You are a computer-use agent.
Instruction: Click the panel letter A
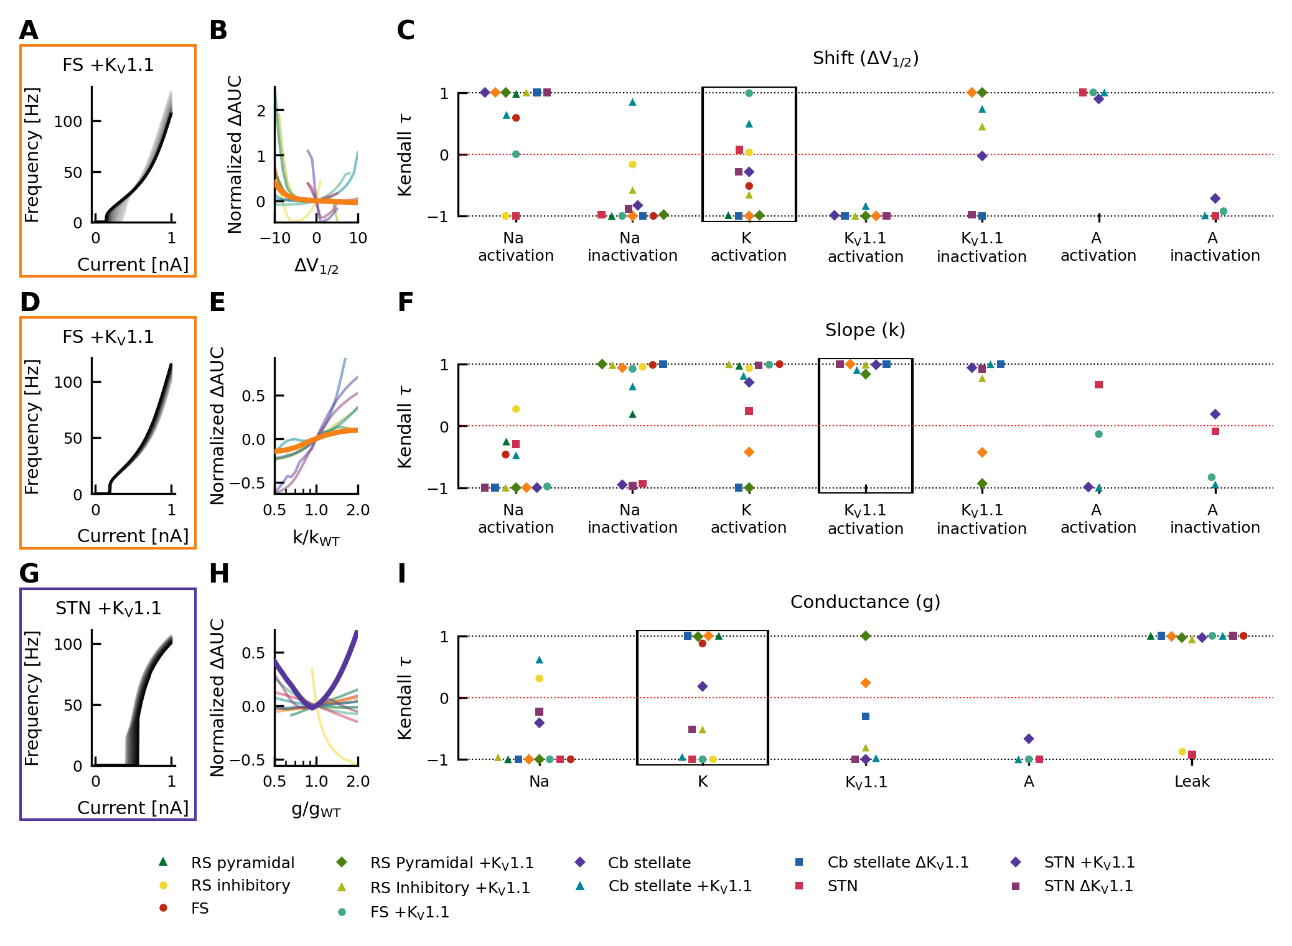pyautogui.click(x=29, y=30)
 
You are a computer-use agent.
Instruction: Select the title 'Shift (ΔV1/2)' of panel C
pyautogui.click(x=865, y=59)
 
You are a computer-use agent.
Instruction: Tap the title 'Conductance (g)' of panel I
pyautogui.click(x=865, y=602)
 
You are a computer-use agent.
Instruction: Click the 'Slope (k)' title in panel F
pyautogui.click(x=865, y=330)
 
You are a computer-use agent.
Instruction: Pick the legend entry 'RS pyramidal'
pyautogui.click(x=242, y=863)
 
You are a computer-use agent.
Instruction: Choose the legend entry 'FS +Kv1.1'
pyautogui.click(x=409, y=912)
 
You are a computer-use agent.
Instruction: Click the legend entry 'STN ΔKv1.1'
pyautogui.click(x=1088, y=886)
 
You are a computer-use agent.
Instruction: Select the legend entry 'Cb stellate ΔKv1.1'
pyautogui.click(x=897, y=863)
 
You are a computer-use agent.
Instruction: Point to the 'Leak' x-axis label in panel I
pyautogui.click(x=1192, y=782)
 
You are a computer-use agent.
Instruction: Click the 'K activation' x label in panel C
pyautogui.click(x=749, y=247)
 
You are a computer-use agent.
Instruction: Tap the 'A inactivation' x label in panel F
pyautogui.click(x=1215, y=519)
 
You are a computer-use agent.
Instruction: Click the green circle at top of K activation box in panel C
pyautogui.click(x=749, y=93)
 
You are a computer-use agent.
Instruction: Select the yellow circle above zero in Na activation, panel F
pyautogui.click(x=516, y=409)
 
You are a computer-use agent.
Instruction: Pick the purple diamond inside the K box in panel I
pyautogui.click(x=703, y=686)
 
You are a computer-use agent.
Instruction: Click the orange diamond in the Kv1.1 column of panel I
pyautogui.click(x=866, y=683)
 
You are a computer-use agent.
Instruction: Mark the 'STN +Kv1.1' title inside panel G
pyautogui.click(x=108, y=609)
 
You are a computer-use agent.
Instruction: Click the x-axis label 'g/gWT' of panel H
pyautogui.click(x=316, y=810)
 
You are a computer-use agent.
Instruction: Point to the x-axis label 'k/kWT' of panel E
pyautogui.click(x=316, y=538)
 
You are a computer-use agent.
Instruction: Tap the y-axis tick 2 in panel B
pyautogui.click(x=261, y=111)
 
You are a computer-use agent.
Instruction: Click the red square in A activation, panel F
pyautogui.click(x=1099, y=385)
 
